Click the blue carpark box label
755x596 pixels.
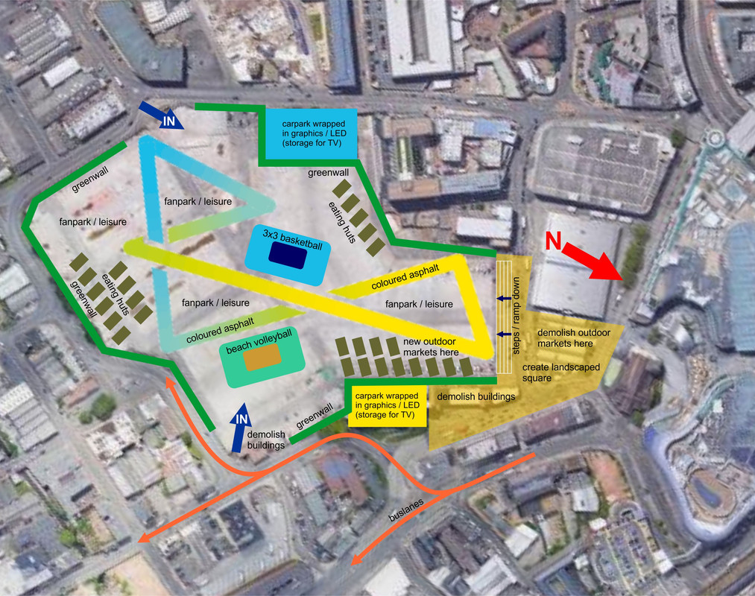[308, 133]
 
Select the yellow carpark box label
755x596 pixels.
[387, 405]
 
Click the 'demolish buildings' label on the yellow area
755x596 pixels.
[476, 396]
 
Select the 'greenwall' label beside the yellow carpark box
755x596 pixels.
[314, 416]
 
